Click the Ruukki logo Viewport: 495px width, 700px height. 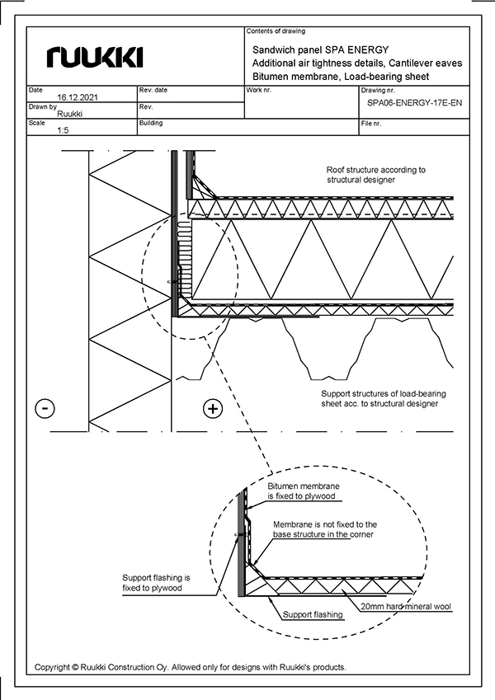pos(96,56)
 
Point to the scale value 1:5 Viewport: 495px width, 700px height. pos(63,130)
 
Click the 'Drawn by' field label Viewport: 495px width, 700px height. pos(42,106)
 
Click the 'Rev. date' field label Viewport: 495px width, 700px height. pos(153,89)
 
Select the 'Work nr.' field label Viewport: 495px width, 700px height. pos(260,89)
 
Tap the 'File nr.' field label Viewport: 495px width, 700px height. pos(373,123)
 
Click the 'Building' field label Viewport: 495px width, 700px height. pos(152,123)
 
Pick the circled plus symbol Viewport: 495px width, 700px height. pos(212,408)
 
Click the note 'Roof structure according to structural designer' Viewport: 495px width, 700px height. pos(375,174)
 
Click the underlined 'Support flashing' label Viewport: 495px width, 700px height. pos(312,615)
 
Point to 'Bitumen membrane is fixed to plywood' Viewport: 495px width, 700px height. pos(304,492)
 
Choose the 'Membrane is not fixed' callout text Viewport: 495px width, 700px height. pos(324,529)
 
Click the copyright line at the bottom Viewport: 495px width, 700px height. pos(191,667)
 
